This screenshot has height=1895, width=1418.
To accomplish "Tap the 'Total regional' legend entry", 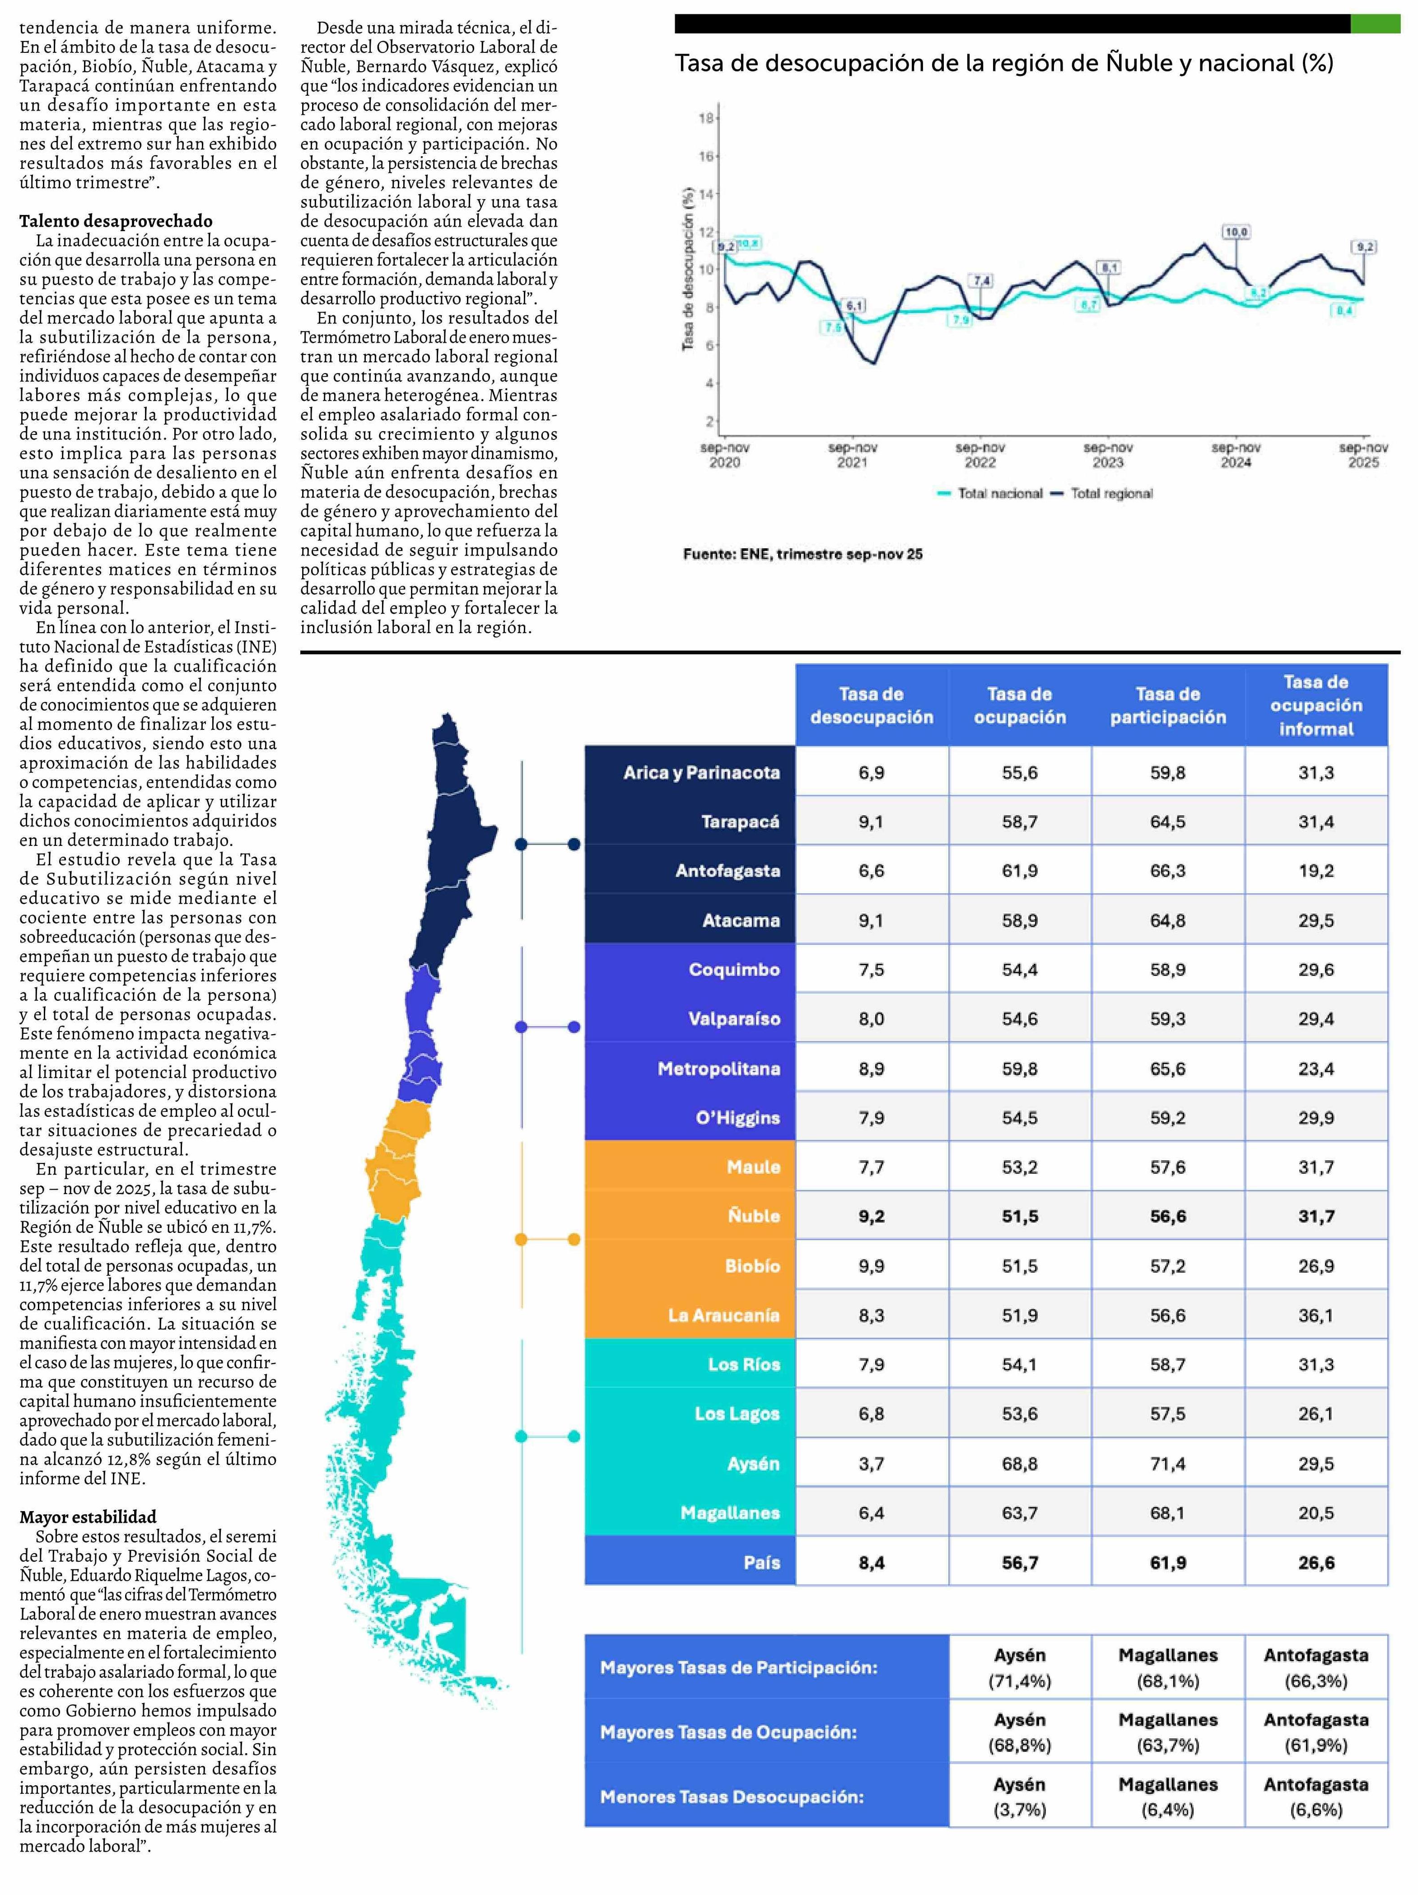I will (1110, 494).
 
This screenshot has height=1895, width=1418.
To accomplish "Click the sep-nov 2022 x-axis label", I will (980, 455).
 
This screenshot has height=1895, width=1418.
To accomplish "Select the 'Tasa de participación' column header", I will (1168, 705).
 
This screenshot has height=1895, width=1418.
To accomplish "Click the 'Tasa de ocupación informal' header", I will (1315, 705).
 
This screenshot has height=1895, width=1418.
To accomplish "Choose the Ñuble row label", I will (754, 1216).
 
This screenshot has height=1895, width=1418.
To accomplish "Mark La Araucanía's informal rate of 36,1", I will (1315, 1315).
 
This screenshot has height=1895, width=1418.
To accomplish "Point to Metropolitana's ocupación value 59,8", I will (1020, 1068).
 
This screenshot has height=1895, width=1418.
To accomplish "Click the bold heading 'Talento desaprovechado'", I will (116, 221).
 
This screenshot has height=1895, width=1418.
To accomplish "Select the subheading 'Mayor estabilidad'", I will (88, 1517).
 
